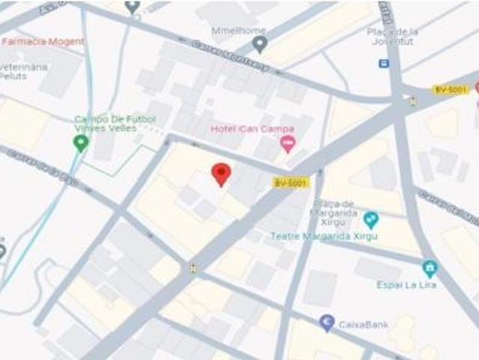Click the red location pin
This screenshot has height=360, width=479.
pyautogui.click(x=220, y=174)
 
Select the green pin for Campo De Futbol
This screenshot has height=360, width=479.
pyautogui.click(x=80, y=143)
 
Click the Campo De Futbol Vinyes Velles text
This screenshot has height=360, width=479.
pyautogui.click(x=115, y=124)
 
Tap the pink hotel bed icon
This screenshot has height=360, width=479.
pyautogui.click(x=287, y=142)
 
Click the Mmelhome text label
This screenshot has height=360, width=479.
pyautogui.click(x=238, y=30)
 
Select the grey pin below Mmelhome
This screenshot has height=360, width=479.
pyautogui.click(x=259, y=44)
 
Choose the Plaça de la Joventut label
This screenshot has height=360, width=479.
pyautogui.click(x=392, y=36)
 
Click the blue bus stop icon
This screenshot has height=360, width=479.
pyautogui.click(x=384, y=63)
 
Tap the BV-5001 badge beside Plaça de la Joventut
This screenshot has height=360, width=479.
pyautogui.click(x=451, y=90)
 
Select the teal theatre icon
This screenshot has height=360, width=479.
pyautogui.click(x=370, y=220)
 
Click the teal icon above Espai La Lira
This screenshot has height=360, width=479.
pyautogui.click(x=430, y=268)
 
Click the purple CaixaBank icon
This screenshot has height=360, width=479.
pyautogui.click(x=327, y=322)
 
